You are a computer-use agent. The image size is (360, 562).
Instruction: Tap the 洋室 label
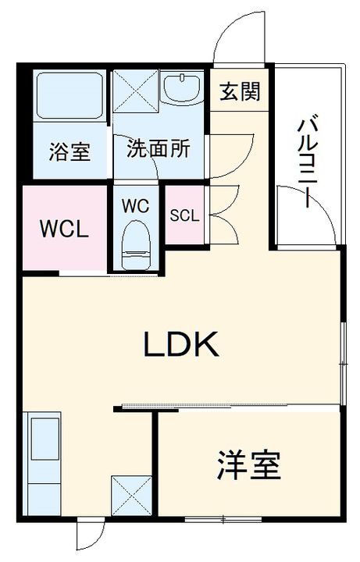coord(248,467)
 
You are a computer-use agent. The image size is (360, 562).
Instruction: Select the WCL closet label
coord(64,230)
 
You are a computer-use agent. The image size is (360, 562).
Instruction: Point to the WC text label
coord(135,207)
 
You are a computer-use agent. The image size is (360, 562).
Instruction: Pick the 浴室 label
coord(69,151)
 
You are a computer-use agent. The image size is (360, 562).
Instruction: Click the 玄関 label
coord(239,92)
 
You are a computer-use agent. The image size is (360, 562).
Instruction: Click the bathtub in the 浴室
coord(70,96)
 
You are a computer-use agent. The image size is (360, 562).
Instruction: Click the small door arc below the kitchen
coord(90,536)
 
